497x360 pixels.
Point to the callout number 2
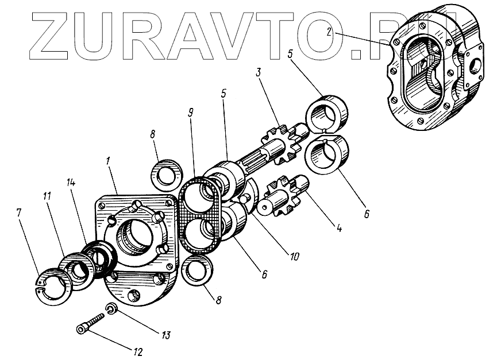click(329, 32)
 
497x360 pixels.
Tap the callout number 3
click(259, 73)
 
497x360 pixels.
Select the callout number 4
click(340, 228)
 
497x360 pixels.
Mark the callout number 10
click(294, 255)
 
